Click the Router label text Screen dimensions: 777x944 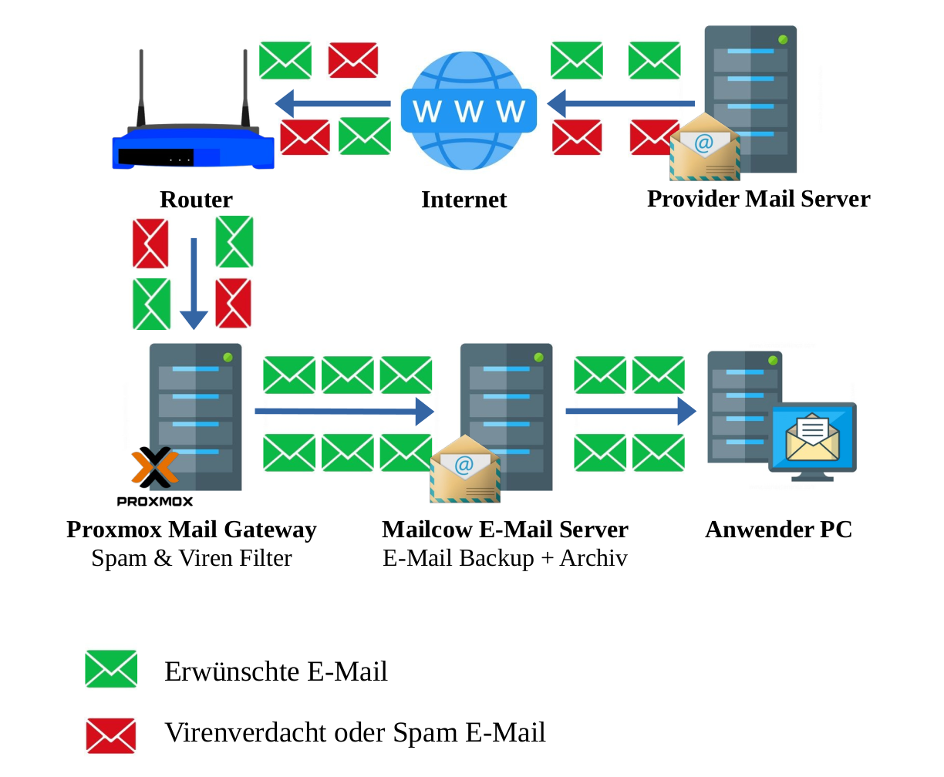[x=196, y=200]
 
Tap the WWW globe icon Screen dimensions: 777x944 [x=468, y=110]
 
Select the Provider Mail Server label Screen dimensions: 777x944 [x=758, y=199]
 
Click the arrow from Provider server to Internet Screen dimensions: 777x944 [x=621, y=103]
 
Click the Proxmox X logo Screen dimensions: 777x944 [x=154, y=466]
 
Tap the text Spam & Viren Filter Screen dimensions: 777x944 [x=191, y=558]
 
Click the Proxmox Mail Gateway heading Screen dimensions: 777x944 [x=191, y=530]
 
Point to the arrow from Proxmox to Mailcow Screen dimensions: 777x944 [x=344, y=411]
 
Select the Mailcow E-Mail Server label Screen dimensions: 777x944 [x=505, y=530]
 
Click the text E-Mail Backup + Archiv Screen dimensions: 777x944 [x=505, y=558]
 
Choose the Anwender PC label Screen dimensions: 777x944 [x=778, y=530]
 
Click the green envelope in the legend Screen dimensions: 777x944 [x=111, y=669]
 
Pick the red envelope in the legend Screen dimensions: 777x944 [x=111, y=735]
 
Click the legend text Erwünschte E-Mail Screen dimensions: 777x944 [x=275, y=671]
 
